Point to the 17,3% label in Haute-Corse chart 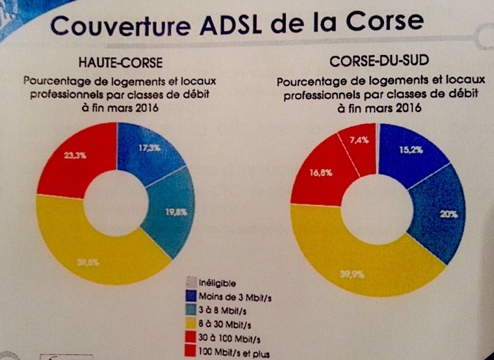[151, 147]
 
